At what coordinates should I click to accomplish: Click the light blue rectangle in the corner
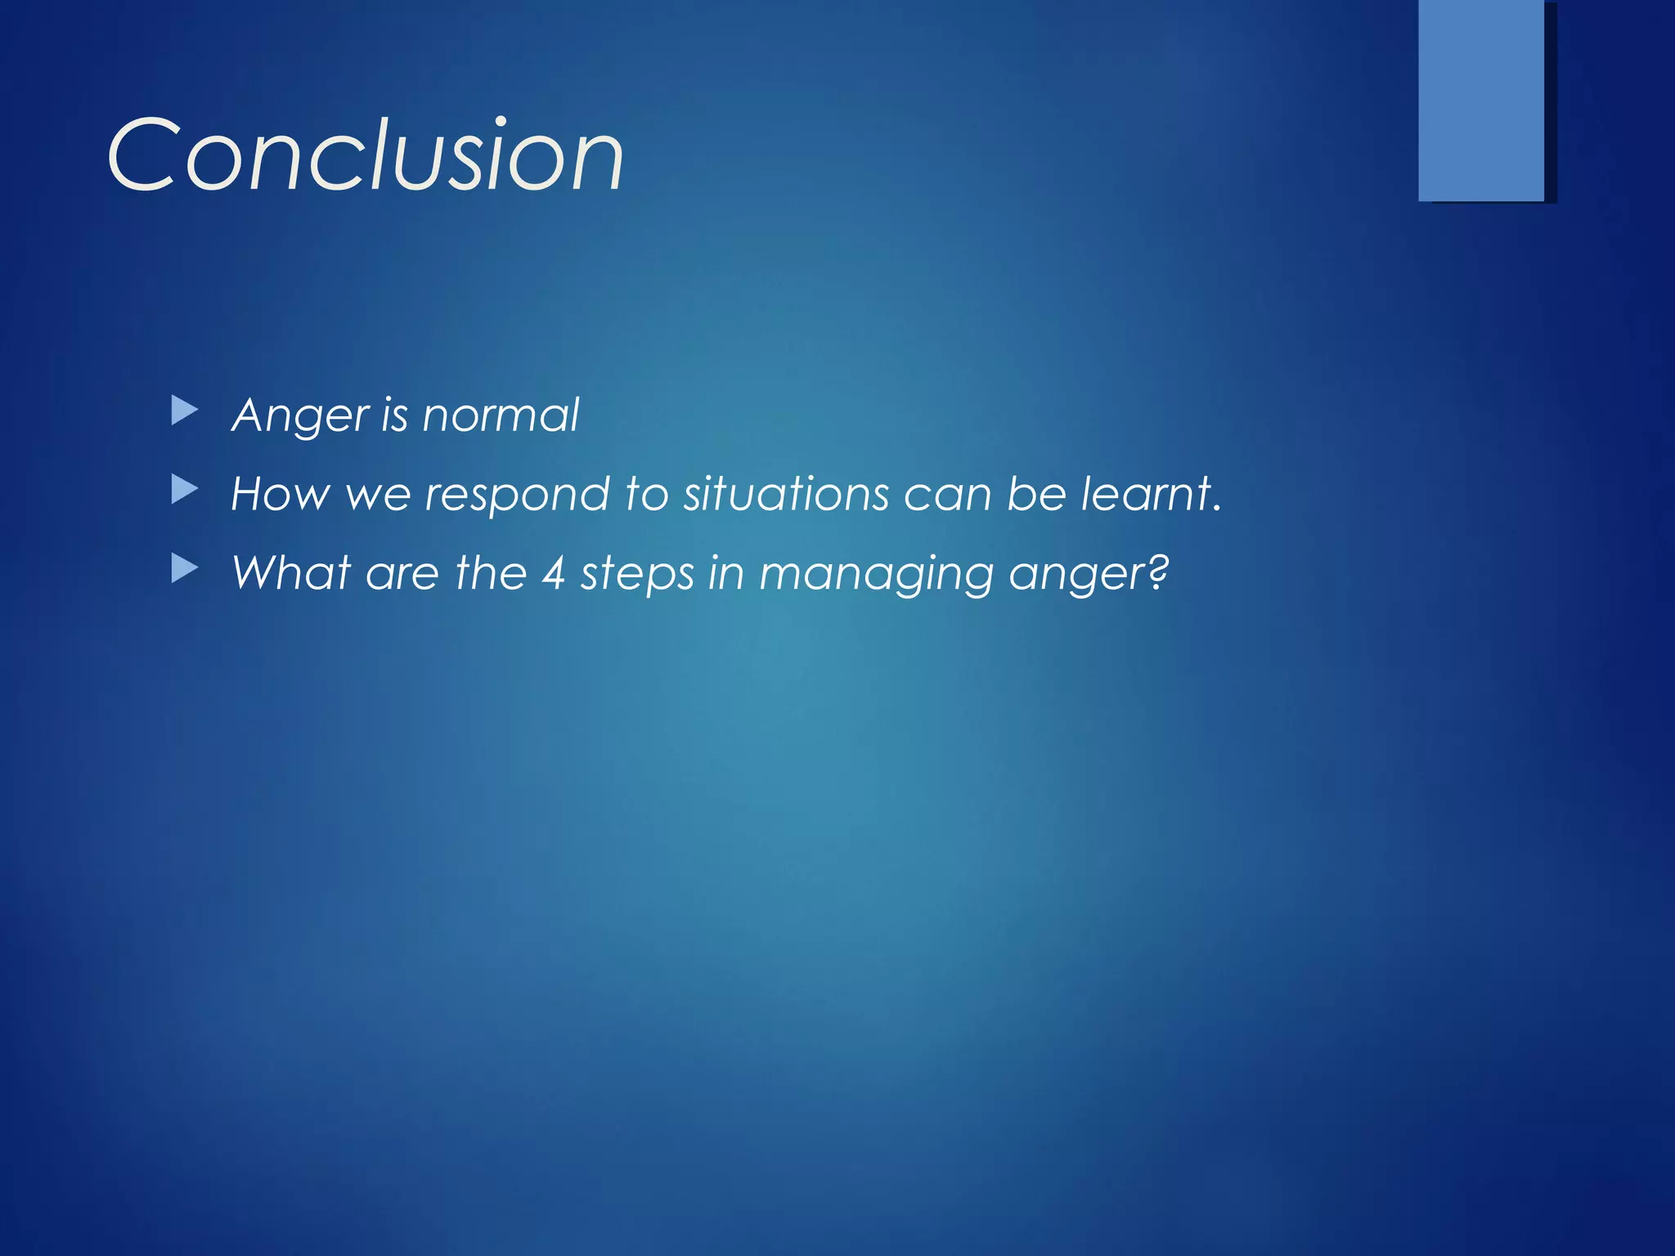[1480, 100]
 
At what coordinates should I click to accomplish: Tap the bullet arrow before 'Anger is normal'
[185, 411]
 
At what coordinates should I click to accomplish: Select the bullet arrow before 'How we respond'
[185, 491]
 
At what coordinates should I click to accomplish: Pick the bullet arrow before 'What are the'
[185, 569]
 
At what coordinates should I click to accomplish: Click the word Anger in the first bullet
[300, 415]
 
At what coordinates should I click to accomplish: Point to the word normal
[501, 415]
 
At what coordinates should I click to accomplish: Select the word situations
[786, 494]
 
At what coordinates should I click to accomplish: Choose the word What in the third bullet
[291, 572]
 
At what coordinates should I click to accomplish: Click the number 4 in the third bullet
[554, 573]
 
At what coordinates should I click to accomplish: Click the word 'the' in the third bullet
[491, 572]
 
